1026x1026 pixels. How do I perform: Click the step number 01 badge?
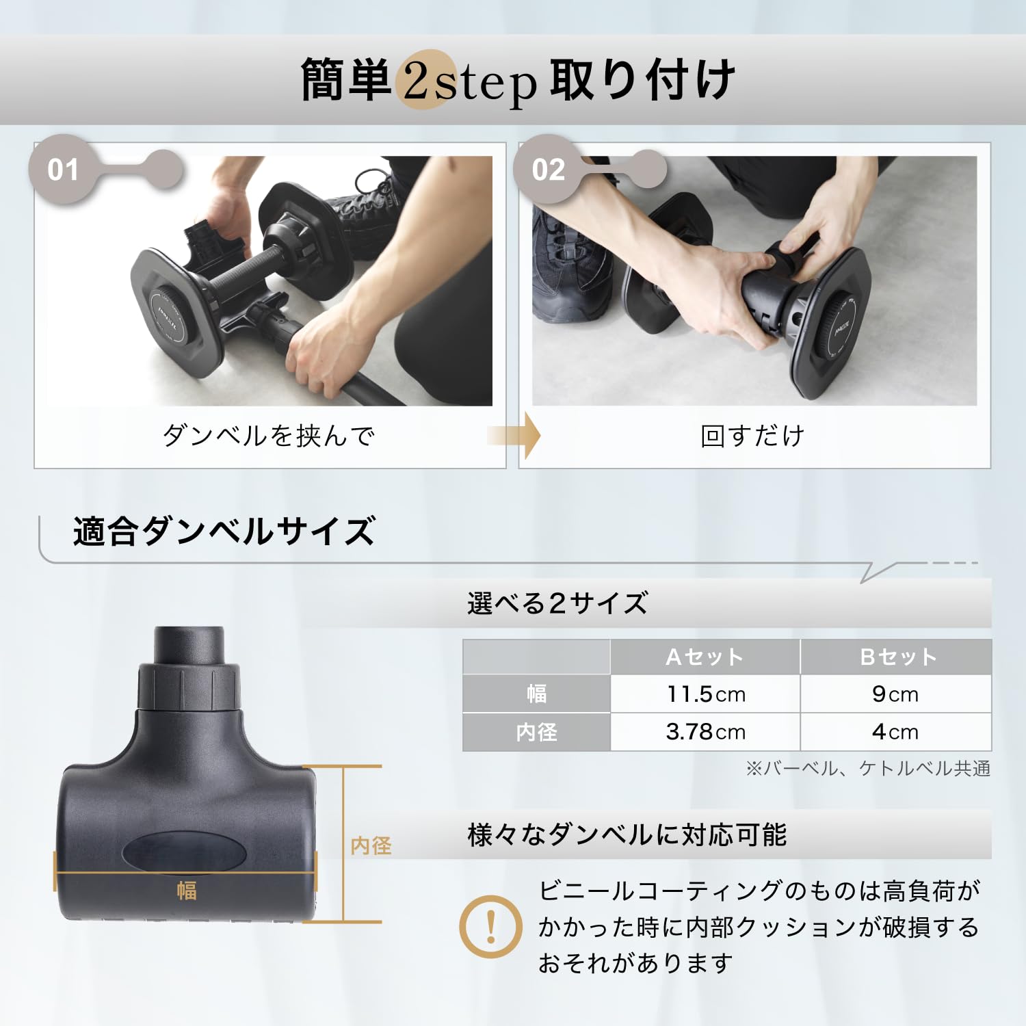click(x=63, y=169)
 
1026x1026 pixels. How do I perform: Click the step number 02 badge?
click(x=549, y=169)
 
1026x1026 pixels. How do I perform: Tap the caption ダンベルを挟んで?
click(x=269, y=436)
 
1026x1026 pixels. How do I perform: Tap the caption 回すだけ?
click(x=753, y=436)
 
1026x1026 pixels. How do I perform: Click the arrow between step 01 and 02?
click(x=514, y=436)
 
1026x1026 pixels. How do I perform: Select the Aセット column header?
click(x=705, y=657)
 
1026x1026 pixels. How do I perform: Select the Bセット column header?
click(x=897, y=657)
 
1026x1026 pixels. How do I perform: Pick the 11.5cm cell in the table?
click(x=705, y=694)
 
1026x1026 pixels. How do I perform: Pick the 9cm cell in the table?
click(x=895, y=694)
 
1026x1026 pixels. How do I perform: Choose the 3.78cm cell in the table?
click(x=705, y=732)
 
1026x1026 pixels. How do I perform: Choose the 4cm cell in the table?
click(x=895, y=732)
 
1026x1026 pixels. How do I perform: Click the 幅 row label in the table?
click(x=536, y=694)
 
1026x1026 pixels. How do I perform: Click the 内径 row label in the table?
click(x=536, y=732)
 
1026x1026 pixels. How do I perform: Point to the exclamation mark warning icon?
click(x=490, y=927)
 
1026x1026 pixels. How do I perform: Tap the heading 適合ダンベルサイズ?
click(x=224, y=531)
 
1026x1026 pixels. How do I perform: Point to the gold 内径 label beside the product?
click(x=371, y=846)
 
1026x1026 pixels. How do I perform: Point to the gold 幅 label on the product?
click(x=186, y=891)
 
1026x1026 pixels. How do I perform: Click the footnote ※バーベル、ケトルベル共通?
click(x=867, y=769)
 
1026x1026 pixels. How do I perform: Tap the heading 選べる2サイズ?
click(x=557, y=603)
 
